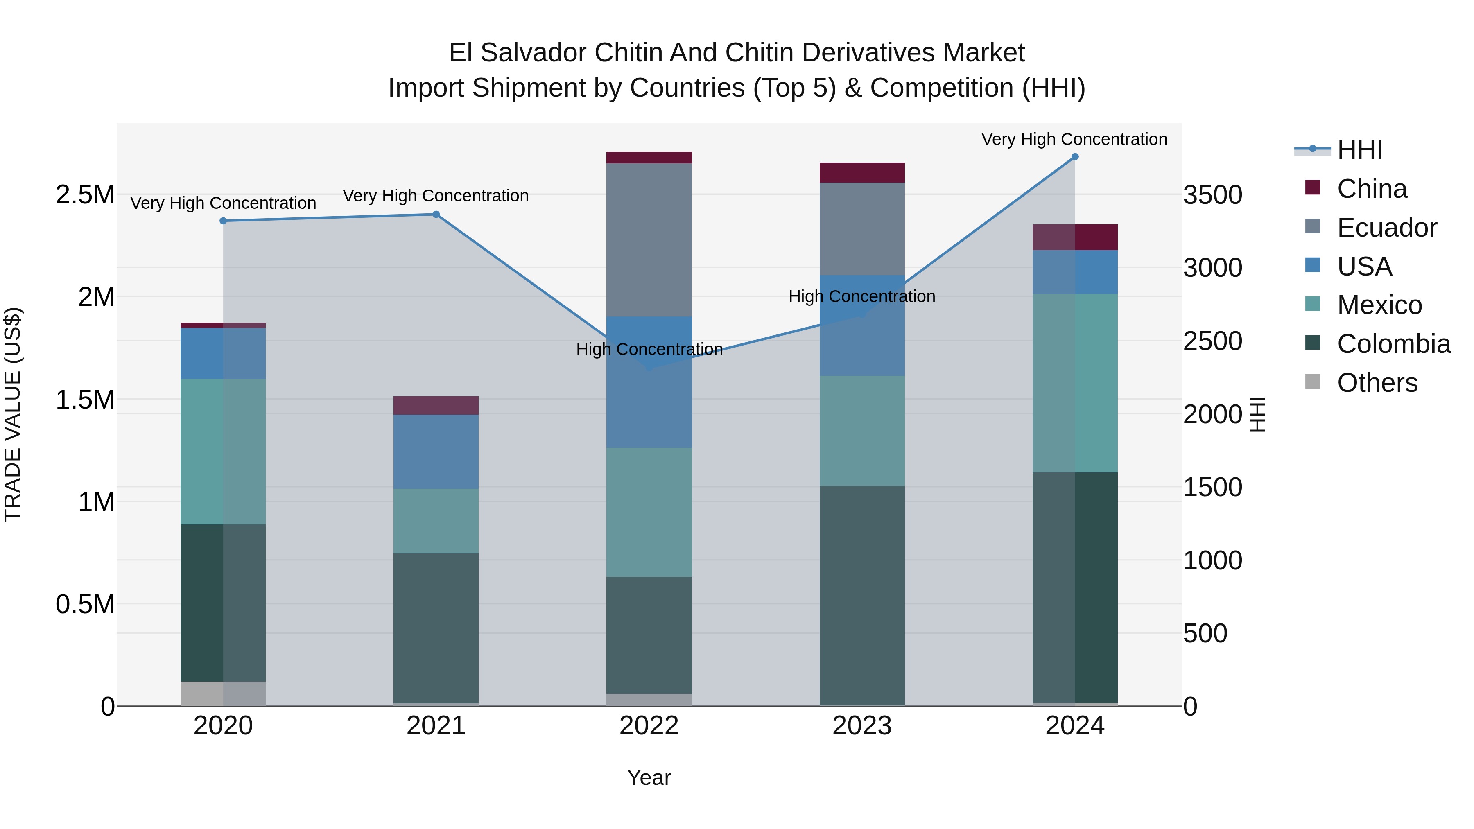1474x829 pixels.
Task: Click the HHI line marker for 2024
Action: (x=1075, y=157)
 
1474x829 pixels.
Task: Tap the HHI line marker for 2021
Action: (x=436, y=215)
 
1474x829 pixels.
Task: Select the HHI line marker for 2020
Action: (x=223, y=221)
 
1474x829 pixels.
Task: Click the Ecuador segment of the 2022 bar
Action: (x=649, y=240)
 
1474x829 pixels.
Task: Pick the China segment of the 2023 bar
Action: (x=862, y=173)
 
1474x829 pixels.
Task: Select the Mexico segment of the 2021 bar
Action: (x=436, y=521)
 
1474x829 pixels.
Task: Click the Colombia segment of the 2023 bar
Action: (x=862, y=595)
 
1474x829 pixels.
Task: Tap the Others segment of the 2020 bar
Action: (x=223, y=693)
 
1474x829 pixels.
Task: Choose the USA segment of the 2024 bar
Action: (x=1075, y=272)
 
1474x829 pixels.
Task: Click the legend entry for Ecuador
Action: (x=1386, y=228)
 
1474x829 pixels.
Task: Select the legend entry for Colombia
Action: (x=1393, y=344)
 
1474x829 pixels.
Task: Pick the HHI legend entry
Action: (x=1359, y=150)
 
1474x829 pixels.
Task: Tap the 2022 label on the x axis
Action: (x=649, y=726)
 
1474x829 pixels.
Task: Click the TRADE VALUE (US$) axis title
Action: (x=13, y=414)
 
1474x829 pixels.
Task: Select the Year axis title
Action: (x=649, y=777)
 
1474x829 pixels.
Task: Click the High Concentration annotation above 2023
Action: (x=862, y=296)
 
